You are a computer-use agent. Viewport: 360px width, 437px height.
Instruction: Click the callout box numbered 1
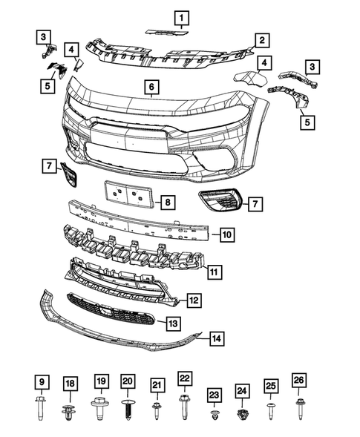(182, 16)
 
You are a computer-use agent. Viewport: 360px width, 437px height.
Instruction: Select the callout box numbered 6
(151, 88)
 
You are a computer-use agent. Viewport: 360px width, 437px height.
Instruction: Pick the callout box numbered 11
(213, 272)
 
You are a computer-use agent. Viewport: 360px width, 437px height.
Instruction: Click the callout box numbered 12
(192, 300)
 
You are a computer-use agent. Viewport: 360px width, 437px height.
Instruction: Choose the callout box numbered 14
(215, 339)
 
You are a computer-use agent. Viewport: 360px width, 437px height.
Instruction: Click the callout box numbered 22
(185, 378)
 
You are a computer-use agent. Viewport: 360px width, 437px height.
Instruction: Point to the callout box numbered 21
(157, 384)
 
